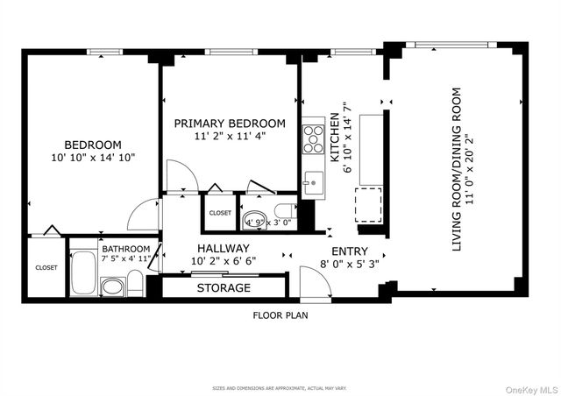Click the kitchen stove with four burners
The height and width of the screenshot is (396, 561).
pos(313,138)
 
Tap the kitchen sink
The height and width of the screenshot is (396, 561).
pos(312,184)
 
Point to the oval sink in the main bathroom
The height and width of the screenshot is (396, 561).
pos(111,286)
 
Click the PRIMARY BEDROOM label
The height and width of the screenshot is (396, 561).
pos(229,124)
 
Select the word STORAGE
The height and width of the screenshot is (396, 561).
pos(223,288)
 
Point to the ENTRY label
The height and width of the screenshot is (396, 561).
pos(350,251)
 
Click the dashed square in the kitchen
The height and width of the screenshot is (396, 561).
pos(369,206)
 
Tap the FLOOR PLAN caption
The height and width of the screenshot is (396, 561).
pos(280,315)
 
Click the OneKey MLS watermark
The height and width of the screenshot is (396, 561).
pos(525,385)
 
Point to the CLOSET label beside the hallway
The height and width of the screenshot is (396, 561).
pos(220,213)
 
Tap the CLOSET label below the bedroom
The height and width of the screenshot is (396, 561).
pos(45,268)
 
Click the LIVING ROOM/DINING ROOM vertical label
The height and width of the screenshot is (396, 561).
pos(457,169)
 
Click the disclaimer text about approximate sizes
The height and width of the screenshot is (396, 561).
pos(280,387)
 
